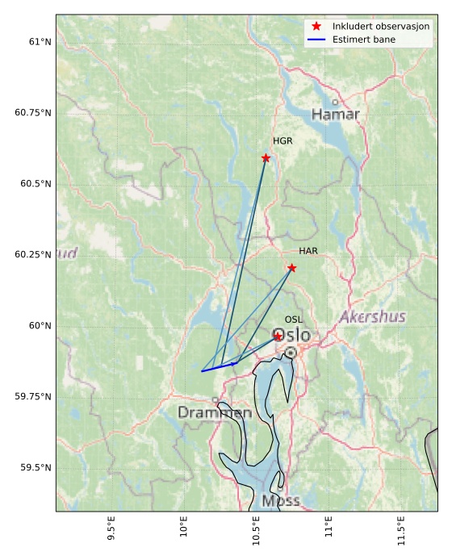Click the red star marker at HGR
click(266, 158)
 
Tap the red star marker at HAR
click(291, 268)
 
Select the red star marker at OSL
click(278, 336)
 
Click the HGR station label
click(282, 141)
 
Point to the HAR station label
click(308, 251)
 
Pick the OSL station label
click(294, 320)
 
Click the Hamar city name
click(336, 115)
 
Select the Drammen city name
click(215, 413)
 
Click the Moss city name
click(281, 501)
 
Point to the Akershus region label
click(372, 317)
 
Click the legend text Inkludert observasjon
click(381, 27)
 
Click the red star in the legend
click(316, 27)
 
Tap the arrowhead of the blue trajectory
click(236, 363)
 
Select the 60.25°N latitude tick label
click(33, 254)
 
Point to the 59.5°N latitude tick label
click(35, 468)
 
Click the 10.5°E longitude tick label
click(257, 533)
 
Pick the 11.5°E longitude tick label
click(401, 533)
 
